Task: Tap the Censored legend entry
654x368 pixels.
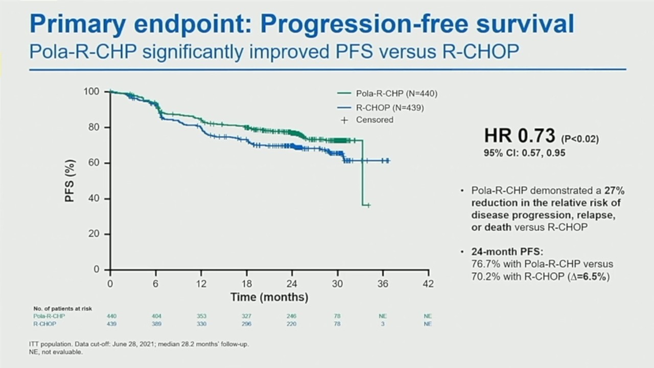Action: point(374,120)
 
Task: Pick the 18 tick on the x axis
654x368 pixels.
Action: point(247,284)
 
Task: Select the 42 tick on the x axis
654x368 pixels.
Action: point(428,284)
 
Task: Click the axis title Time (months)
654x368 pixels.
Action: point(269,297)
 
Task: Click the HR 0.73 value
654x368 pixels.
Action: point(520,136)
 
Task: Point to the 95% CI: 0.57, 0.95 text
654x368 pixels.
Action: point(525,153)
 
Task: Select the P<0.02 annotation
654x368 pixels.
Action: point(580,139)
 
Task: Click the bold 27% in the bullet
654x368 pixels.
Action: point(615,190)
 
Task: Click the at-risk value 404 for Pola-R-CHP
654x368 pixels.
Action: point(156,316)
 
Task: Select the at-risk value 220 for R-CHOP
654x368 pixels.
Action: point(291,324)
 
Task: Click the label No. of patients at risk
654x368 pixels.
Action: point(63,309)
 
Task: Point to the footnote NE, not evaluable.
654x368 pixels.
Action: point(56,352)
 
